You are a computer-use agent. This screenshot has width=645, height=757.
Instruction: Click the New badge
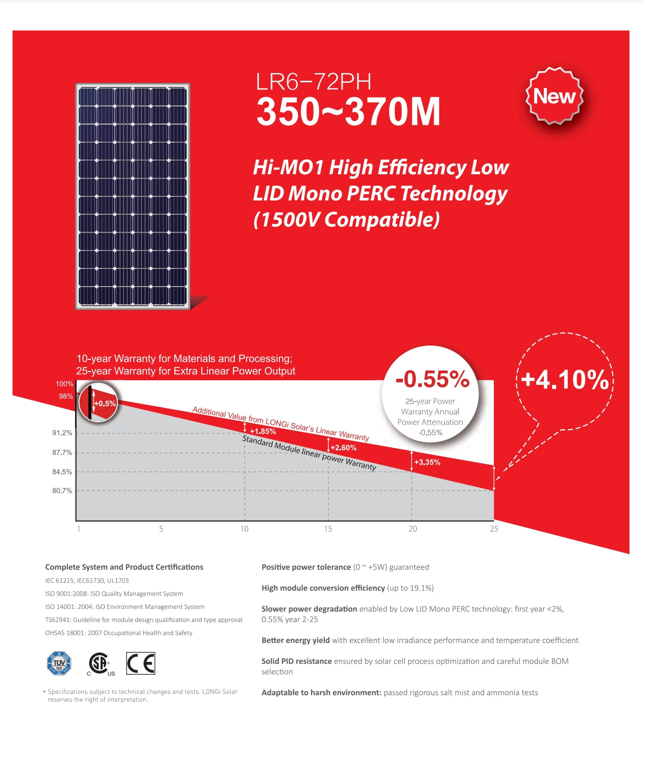coord(554,96)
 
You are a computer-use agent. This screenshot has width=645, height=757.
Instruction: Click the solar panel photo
coord(133,196)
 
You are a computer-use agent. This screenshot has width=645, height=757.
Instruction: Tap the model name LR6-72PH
coord(313,82)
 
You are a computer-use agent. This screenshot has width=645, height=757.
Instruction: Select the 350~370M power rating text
coord(348,111)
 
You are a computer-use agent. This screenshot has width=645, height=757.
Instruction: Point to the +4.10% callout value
coord(565,380)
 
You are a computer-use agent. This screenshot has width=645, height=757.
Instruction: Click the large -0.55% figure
coord(432,379)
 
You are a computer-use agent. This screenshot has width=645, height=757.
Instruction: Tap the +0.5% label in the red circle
coord(105,403)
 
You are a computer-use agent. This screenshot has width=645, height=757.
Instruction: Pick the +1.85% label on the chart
coord(262,431)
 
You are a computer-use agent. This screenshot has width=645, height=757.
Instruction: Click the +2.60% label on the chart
coord(343,448)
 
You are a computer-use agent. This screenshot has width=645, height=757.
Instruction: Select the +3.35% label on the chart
coord(427,462)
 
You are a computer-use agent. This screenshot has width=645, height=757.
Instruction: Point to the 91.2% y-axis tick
coord(62,433)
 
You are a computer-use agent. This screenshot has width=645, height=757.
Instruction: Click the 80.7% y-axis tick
coord(62,491)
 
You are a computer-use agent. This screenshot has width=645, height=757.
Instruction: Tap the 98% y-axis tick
coord(66,396)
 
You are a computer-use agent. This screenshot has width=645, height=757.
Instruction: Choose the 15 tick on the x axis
coord(328,529)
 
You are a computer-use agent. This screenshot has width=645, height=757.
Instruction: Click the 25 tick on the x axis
coord(494,529)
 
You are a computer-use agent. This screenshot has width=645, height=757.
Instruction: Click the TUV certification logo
coord(59,663)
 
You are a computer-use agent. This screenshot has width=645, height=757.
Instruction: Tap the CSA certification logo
coord(100,663)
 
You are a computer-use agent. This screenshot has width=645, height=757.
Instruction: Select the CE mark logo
coord(140,663)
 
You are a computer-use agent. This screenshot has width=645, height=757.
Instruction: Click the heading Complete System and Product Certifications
coord(124,567)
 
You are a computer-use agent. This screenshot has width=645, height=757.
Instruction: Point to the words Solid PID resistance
coord(297,661)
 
